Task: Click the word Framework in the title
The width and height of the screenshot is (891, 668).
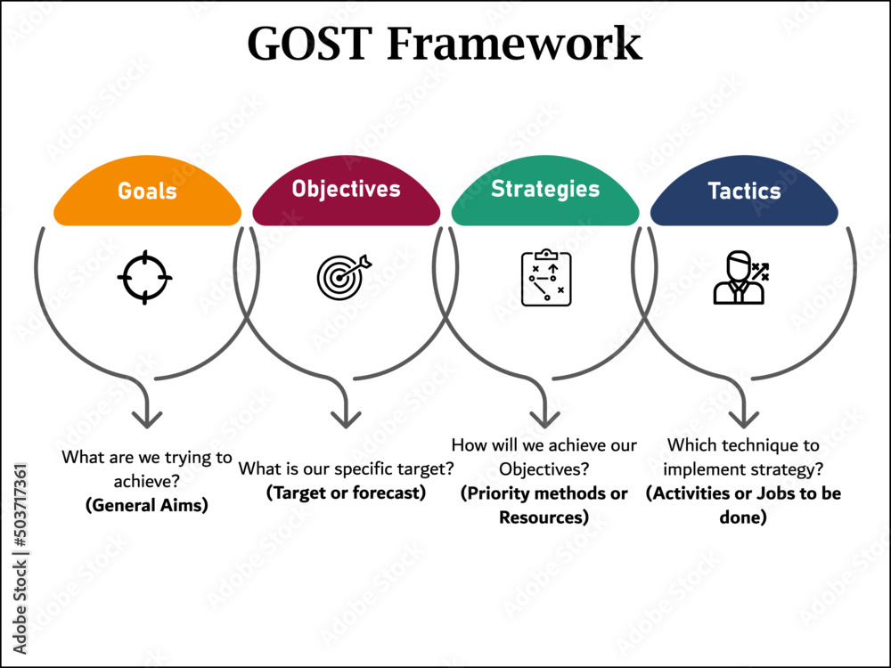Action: point(514,43)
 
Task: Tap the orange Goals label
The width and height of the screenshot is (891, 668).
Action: point(147,191)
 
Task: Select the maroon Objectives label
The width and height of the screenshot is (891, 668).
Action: point(346,189)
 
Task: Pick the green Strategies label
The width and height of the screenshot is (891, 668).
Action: point(545,189)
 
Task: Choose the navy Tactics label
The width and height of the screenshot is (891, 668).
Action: point(744,191)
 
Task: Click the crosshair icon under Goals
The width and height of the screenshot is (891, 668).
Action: point(144,278)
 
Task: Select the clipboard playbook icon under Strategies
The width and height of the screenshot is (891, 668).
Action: point(545,278)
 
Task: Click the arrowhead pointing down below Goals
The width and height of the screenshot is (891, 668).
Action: point(147,414)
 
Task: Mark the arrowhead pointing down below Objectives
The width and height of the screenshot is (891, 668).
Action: point(346,414)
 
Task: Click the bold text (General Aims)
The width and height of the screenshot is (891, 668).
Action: point(147,505)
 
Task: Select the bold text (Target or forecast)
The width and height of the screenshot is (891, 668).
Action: point(346,493)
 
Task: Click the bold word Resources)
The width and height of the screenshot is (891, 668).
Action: point(544,517)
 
